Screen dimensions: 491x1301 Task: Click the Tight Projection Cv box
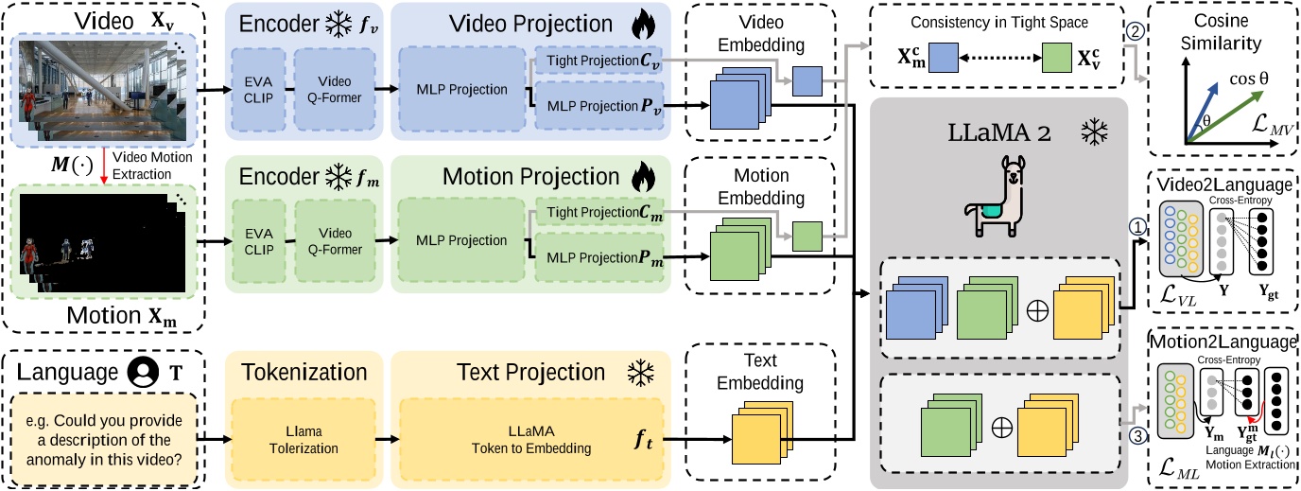595,61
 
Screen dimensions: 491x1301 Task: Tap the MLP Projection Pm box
595,258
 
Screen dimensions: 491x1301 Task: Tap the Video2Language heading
1222,184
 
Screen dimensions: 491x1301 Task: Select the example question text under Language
105,439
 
